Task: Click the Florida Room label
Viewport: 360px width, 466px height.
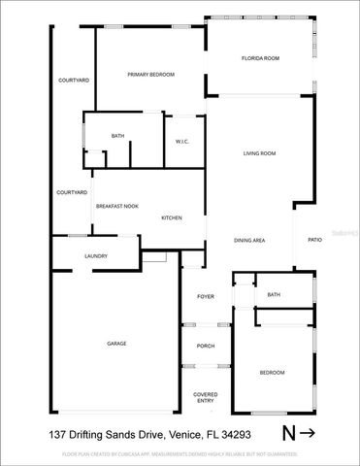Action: pos(260,59)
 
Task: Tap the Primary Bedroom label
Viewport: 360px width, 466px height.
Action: pos(147,74)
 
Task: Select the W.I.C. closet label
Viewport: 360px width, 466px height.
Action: pos(181,142)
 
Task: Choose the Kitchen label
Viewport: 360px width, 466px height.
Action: pos(172,217)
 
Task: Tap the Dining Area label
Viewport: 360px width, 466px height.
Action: pos(250,240)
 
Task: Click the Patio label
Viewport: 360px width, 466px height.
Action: pos(314,240)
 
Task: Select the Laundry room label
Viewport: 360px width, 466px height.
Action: pos(95,256)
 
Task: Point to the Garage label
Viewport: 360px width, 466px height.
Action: pos(116,344)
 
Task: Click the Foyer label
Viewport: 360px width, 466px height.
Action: pos(206,296)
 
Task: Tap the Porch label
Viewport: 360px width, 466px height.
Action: pos(206,346)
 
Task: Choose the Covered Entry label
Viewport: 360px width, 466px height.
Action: pos(206,397)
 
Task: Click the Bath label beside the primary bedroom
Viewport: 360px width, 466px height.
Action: pos(117,136)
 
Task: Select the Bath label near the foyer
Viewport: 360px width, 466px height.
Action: pos(274,295)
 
